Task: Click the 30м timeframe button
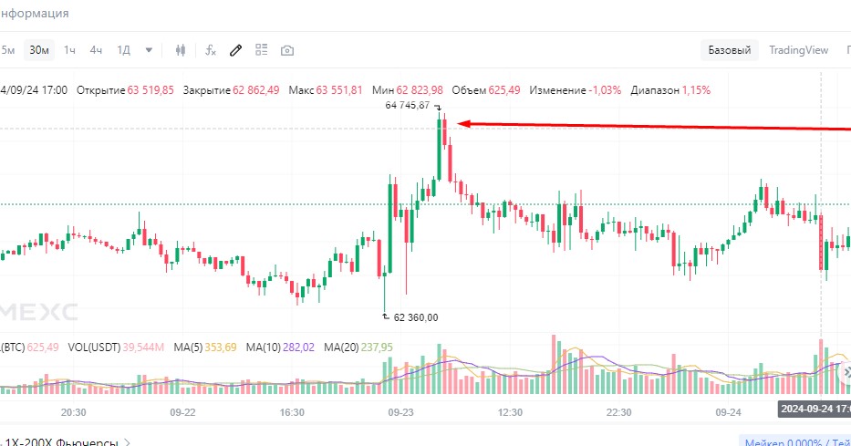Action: (x=38, y=50)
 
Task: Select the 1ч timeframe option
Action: (x=70, y=50)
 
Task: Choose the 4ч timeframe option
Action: (x=96, y=50)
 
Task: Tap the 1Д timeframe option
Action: (x=124, y=50)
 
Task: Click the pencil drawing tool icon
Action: (x=235, y=50)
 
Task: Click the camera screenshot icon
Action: (x=287, y=50)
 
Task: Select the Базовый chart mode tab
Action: (x=730, y=50)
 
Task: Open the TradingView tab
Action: (x=798, y=50)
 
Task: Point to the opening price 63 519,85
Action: (x=150, y=90)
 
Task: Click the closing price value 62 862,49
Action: (x=256, y=90)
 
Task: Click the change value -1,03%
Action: (x=605, y=90)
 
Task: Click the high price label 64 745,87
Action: (x=407, y=106)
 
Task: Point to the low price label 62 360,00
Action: (x=416, y=317)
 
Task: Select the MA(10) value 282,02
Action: (x=302, y=347)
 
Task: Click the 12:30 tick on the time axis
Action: (x=510, y=412)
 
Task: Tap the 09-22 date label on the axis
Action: (x=183, y=412)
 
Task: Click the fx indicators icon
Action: (x=211, y=50)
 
